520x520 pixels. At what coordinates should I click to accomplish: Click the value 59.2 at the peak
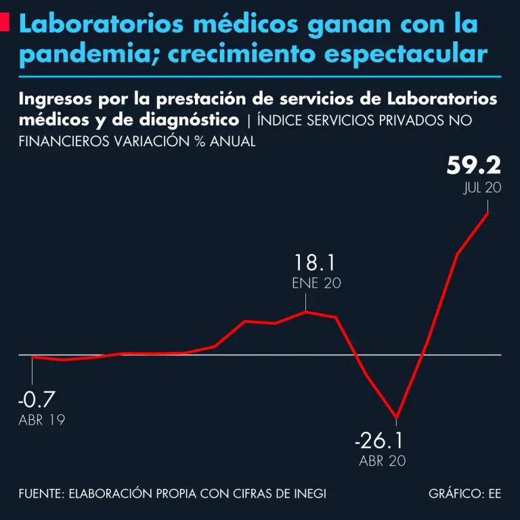click(474, 165)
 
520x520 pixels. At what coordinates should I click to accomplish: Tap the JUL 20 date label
click(482, 188)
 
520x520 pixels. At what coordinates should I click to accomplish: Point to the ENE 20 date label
click(316, 284)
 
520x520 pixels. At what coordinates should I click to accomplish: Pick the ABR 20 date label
click(383, 461)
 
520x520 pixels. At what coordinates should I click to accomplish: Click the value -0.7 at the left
click(37, 399)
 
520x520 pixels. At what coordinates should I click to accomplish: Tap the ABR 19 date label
click(42, 420)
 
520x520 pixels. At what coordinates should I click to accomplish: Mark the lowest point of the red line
click(396, 417)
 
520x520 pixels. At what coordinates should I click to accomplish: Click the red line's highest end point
click(488, 213)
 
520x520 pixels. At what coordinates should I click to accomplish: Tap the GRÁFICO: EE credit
click(464, 494)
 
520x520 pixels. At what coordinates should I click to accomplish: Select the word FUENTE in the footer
click(40, 494)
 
